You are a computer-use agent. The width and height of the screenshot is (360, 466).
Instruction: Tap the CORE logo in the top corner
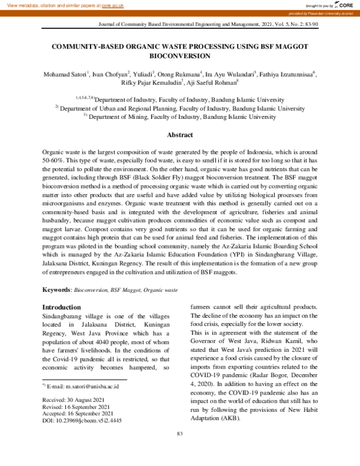(x=343, y=5)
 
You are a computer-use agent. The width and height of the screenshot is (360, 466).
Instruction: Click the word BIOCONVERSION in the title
(x=179, y=56)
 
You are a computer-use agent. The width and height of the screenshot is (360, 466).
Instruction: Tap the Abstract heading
(x=179, y=136)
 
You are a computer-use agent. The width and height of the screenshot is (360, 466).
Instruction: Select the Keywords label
(x=56, y=290)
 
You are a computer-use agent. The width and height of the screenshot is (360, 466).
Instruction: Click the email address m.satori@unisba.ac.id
(x=92, y=386)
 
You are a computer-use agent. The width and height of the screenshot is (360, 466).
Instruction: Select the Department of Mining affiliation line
(x=179, y=118)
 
